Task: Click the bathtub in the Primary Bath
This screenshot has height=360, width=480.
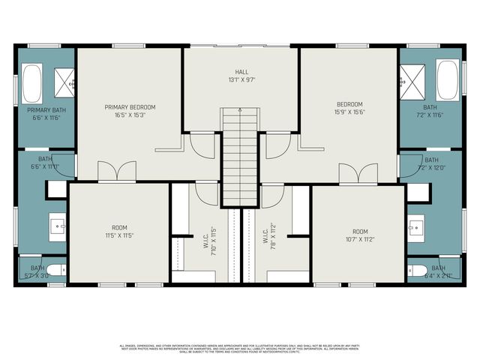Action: [x=32, y=83]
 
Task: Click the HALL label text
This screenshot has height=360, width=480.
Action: [x=241, y=73]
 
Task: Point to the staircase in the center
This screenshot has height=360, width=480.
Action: [x=240, y=157]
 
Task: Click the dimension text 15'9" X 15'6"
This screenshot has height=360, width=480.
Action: [x=349, y=112]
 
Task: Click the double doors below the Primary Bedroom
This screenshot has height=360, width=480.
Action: [x=117, y=173]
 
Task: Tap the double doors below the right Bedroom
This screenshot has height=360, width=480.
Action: [x=358, y=173]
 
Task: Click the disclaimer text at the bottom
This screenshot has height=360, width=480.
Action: [x=240, y=349]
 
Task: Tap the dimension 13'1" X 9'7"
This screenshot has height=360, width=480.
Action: [x=241, y=79]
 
